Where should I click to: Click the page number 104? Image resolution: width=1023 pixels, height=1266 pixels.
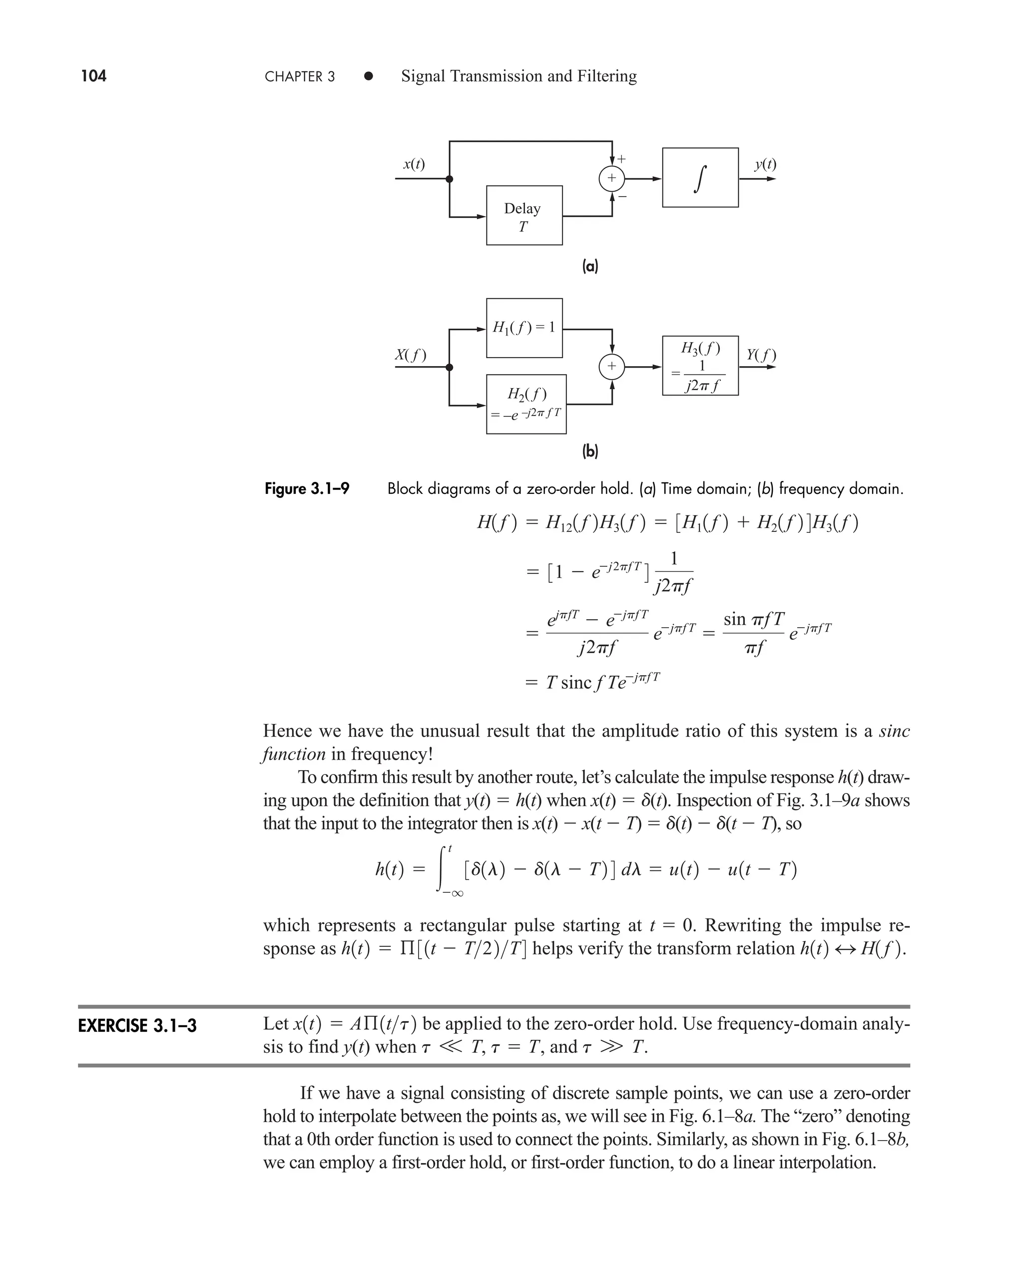(x=94, y=76)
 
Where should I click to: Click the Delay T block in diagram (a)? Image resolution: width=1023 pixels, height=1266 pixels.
(x=524, y=216)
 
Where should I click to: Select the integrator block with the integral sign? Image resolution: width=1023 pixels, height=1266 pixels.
(x=700, y=177)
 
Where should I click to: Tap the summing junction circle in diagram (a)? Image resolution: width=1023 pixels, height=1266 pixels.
(x=612, y=178)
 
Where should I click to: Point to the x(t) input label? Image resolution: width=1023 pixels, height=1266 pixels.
(x=414, y=164)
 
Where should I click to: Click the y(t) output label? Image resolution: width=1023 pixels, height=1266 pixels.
(x=765, y=164)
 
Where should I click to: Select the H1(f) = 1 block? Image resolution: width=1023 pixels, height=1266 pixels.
(x=524, y=328)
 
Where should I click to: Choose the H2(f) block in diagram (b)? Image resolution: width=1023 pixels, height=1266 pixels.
(x=525, y=404)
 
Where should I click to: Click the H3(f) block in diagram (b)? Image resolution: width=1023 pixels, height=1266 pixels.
(x=700, y=366)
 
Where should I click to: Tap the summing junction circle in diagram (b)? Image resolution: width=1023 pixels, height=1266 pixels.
(x=612, y=367)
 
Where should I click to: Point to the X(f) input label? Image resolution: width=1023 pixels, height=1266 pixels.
(x=410, y=355)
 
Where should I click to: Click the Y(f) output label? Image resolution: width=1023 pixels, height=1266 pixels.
(x=761, y=355)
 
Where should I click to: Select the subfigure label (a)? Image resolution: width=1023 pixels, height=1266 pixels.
(x=590, y=267)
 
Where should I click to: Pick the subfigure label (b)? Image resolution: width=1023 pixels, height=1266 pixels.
(x=590, y=452)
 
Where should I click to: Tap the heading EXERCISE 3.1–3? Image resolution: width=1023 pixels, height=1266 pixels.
(x=137, y=1026)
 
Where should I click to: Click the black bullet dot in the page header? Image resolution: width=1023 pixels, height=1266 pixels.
(x=368, y=76)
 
